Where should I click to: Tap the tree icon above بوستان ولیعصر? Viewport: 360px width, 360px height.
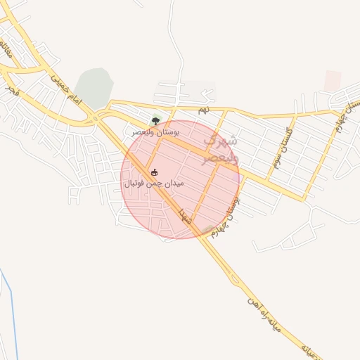pos(155,120)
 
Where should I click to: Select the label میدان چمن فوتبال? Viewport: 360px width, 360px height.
pos(154,183)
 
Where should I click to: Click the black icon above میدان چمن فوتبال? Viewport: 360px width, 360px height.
pos(155,172)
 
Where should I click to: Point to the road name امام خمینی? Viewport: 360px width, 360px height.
pos(66,91)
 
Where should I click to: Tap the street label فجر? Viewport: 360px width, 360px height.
pos(13,91)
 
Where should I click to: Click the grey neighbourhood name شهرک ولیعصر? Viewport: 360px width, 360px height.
pos(220,150)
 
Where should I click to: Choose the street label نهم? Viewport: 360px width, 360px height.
pos(203,110)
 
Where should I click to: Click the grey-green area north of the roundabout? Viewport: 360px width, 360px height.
pos(94,88)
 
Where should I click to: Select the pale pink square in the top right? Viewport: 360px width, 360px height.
pos(333,80)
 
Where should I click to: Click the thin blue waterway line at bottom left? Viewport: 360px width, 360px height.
pos(10,309)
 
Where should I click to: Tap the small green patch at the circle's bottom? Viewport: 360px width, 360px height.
pos(208,230)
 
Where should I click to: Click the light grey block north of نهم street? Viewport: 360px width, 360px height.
pos(199,89)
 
